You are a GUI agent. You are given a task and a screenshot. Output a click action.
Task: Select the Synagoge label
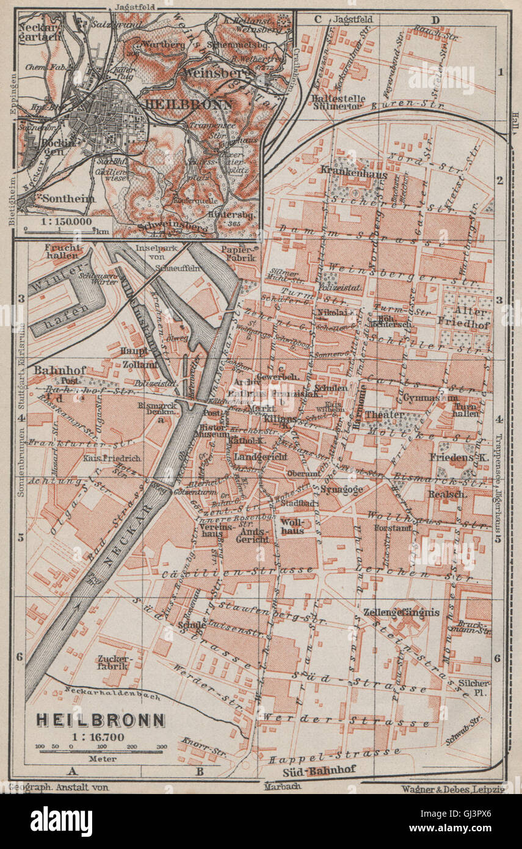click(x=341, y=489)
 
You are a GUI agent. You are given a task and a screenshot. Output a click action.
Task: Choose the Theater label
click(x=385, y=415)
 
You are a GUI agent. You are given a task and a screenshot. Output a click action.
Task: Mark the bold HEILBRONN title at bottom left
click(x=100, y=720)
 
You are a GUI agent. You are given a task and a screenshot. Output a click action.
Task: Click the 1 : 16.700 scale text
click(x=98, y=737)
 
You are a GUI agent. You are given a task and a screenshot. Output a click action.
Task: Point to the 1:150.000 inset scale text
click(x=57, y=220)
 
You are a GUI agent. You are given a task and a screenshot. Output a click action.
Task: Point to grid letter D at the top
click(x=435, y=20)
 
